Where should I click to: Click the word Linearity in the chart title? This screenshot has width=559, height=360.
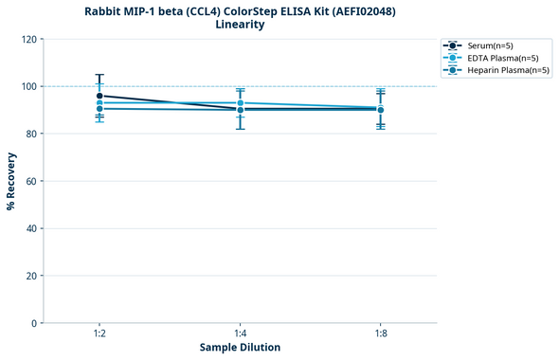240,25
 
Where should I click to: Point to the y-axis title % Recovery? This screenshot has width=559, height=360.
11,181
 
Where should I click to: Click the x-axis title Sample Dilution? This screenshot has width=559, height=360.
240,347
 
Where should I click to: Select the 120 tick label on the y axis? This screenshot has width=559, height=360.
29,39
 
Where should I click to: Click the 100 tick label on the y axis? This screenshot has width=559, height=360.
29,86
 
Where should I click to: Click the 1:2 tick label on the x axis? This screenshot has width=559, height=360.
99,333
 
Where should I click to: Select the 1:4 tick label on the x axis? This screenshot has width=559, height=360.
240,333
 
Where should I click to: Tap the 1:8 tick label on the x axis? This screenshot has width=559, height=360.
380,333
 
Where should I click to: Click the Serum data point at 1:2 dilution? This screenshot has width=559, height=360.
99,96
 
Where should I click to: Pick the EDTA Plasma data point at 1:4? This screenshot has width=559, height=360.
240,102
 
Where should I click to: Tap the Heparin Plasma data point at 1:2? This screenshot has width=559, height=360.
99,109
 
